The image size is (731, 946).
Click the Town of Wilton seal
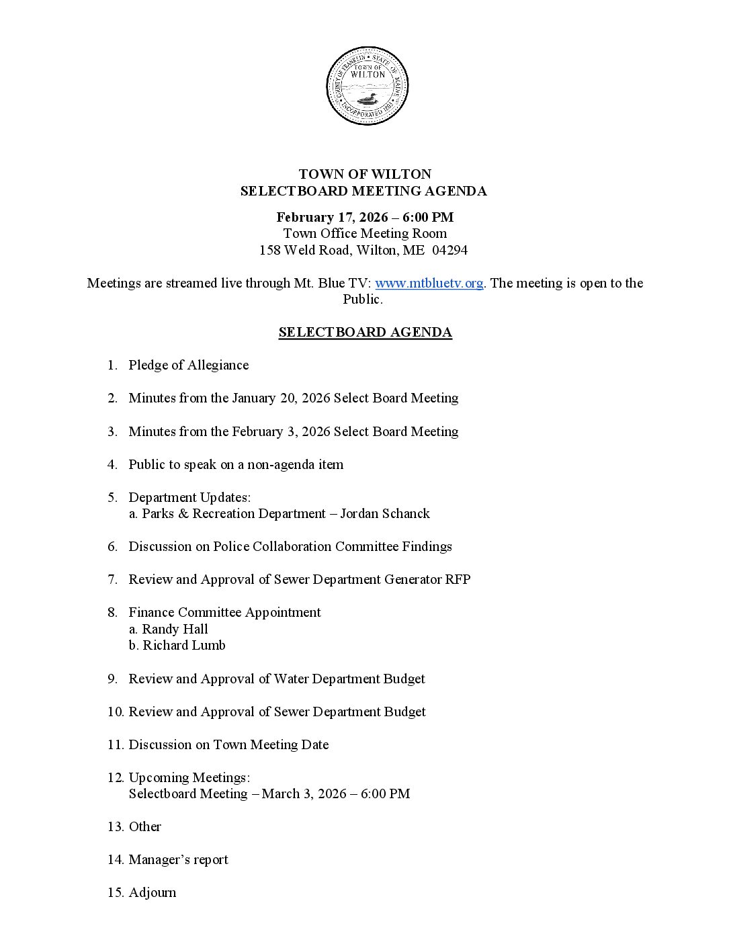pyautogui.click(x=367, y=86)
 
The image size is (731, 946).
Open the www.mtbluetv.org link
pyautogui.click(x=429, y=283)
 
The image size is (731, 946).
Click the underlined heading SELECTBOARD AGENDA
pyautogui.click(x=365, y=332)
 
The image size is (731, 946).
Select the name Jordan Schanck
pyautogui.click(x=385, y=513)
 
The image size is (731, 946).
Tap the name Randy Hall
pyautogui.click(x=175, y=629)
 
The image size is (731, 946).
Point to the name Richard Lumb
pyautogui.click(x=183, y=645)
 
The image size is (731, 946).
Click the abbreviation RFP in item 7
pyautogui.click(x=458, y=579)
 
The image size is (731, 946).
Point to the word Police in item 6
pyautogui.click(x=231, y=546)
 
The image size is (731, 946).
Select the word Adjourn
pyautogui.click(x=153, y=892)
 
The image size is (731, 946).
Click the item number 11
pyautogui.click(x=115, y=744)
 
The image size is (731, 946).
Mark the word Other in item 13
pyautogui.click(x=145, y=826)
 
